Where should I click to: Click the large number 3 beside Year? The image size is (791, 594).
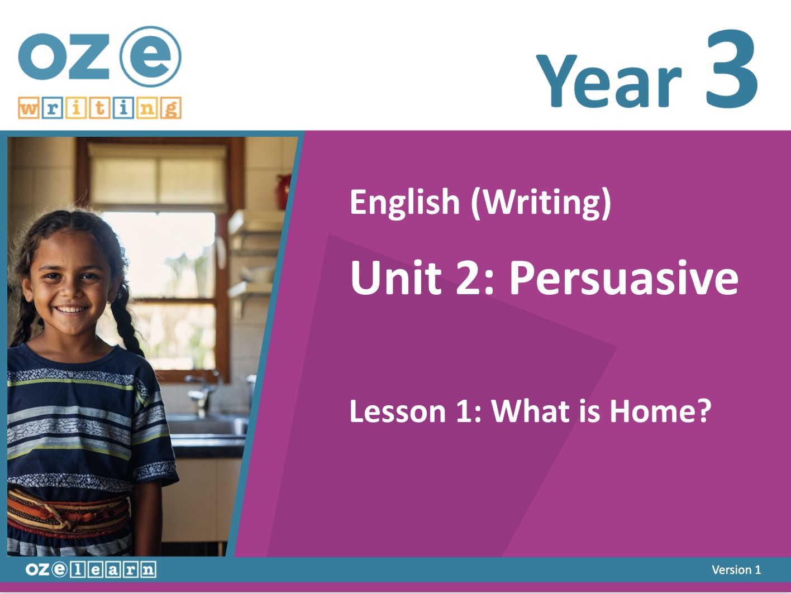[x=732, y=69]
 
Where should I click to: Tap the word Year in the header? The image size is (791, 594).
[x=609, y=80]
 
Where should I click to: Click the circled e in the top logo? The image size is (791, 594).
[x=150, y=56]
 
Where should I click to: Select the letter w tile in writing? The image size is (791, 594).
[x=28, y=108]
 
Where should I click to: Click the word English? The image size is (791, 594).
[x=404, y=202]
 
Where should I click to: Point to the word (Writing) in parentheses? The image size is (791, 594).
[x=541, y=203]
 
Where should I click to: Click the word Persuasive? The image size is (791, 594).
[x=624, y=278]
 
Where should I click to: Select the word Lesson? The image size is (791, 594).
[x=398, y=411]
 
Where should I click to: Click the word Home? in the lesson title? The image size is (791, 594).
[x=660, y=410]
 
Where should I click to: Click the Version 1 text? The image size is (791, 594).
[x=736, y=569]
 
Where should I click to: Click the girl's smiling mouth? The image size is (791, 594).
[x=72, y=310]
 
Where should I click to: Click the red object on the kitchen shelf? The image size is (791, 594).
[x=284, y=191]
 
